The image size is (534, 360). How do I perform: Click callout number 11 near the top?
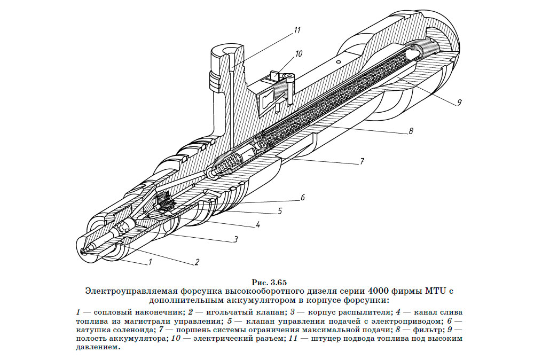pos(297,30)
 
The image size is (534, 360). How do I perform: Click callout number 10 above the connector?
pos(298,53)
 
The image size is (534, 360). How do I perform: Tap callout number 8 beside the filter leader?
pos(411,130)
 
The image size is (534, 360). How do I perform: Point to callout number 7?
pos(362,160)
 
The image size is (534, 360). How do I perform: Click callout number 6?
pos(302,197)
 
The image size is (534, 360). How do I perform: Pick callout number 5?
pos(279,211)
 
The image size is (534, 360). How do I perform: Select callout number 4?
pos(257,225)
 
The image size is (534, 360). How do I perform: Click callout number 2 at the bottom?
pos(197,262)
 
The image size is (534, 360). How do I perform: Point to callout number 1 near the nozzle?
pos(151,262)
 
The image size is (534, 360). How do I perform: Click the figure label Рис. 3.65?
pos(269,281)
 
